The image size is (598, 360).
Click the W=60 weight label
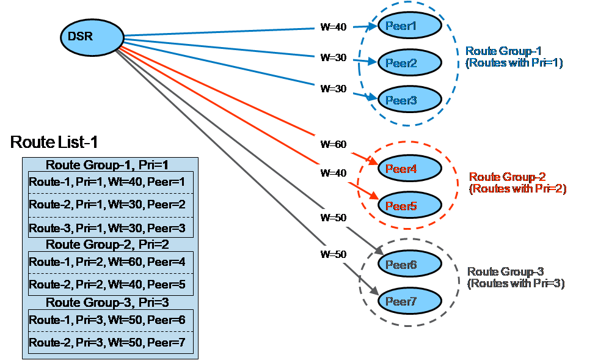tap(334, 145)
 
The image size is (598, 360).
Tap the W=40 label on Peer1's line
tap(334, 26)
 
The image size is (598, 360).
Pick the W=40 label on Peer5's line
tap(334, 173)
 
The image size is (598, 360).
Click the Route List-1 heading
tap(54, 143)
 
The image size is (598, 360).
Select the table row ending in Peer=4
tap(108, 262)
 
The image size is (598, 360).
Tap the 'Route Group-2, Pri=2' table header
tap(108, 244)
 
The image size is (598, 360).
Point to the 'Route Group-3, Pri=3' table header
tap(108, 303)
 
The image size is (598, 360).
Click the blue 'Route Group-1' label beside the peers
tap(513, 57)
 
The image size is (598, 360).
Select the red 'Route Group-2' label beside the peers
tap(517, 183)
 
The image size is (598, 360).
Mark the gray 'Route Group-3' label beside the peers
tap(515, 277)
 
